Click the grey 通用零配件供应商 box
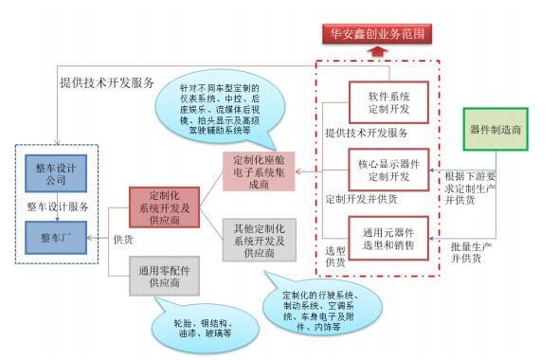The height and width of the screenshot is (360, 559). [164, 275]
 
